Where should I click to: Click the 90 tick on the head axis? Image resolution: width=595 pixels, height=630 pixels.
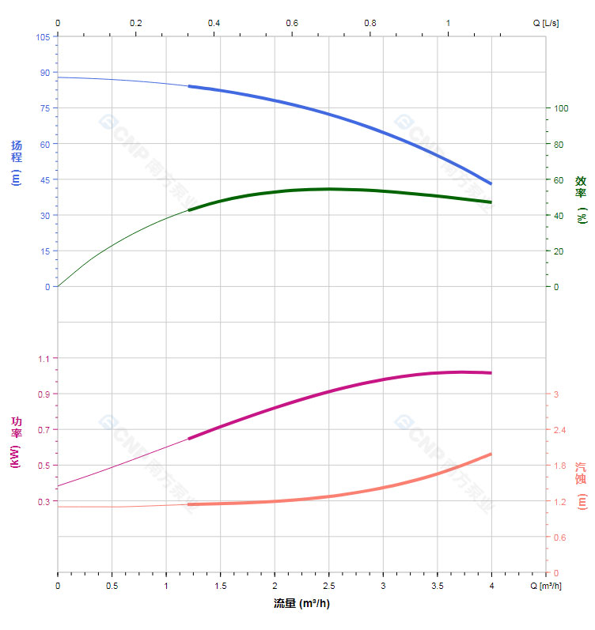point(44,73)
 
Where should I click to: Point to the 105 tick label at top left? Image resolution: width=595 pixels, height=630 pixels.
point(42,37)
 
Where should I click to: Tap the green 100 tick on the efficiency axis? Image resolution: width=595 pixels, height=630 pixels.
point(561,108)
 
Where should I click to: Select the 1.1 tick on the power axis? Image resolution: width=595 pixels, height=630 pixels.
point(43,359)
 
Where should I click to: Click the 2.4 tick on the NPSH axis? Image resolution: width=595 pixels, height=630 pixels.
point(560,430)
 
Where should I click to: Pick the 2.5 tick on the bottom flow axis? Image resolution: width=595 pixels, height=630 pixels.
point(328,587)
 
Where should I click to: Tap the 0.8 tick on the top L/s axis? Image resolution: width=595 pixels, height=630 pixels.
point(370,23)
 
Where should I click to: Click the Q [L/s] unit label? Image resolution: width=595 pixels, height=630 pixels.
point(545,23)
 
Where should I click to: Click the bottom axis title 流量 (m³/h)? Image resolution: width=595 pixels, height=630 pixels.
point(301,604)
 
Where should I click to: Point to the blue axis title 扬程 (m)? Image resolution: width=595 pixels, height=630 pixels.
point(16,163)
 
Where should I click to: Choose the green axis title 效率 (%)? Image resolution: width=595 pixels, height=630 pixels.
point(582,198)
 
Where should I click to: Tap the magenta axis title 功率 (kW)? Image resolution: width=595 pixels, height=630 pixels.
point(16,442)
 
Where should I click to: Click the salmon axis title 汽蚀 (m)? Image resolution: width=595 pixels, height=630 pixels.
point(582,486)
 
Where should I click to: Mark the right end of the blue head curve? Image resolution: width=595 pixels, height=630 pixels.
point(491,184)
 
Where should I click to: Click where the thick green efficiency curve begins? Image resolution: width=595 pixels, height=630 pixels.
point(189,210)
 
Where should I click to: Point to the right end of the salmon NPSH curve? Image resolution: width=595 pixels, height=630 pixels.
point(491,454)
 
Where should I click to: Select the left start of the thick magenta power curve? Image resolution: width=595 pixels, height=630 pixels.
point(189,438)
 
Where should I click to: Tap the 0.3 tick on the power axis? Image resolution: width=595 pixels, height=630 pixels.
point(43,502)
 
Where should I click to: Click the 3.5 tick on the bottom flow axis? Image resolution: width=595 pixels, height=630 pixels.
point(437,587)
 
